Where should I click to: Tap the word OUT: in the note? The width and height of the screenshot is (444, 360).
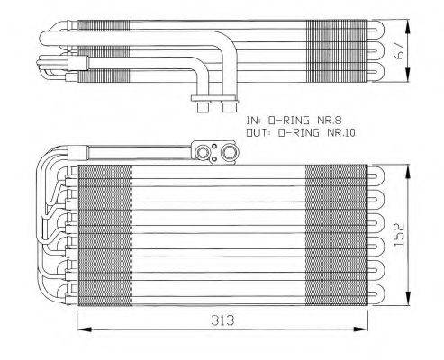coord(258,132)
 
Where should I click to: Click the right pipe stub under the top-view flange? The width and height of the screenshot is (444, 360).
coord(218,109)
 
